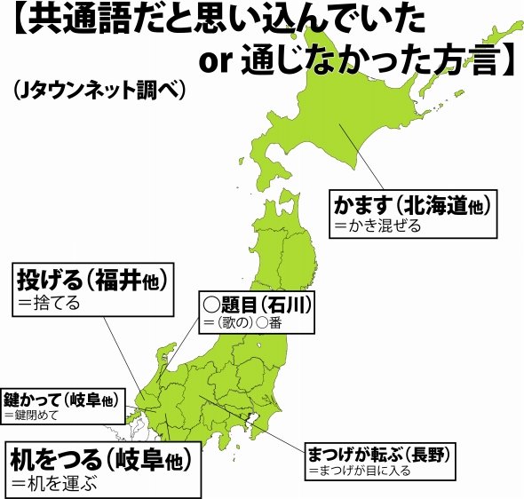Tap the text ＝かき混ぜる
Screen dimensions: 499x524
pyautogui.click(x=376, y=226)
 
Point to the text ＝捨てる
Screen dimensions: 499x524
pyautogui.click(x=49, y=304)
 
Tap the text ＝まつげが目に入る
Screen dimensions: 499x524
pyautogui.click(x=360, y=471)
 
